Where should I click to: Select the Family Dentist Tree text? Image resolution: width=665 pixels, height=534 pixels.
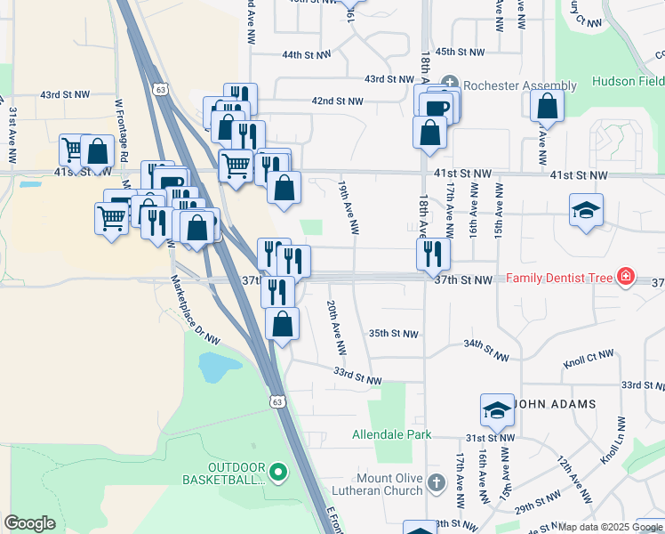(x=560, y=279)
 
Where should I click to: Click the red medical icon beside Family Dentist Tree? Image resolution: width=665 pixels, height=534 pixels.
(x=626, y=278)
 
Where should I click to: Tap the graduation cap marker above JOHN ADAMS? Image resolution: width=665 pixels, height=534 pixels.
(x=497, y=409)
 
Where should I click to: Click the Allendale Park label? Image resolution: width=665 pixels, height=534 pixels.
(x=392, y=434)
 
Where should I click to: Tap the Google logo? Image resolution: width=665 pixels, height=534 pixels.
(x=29, y=523)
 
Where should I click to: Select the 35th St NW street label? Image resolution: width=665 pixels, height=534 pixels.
(x=393, y=334)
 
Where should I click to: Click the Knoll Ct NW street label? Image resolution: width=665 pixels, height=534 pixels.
(x=589, y=359)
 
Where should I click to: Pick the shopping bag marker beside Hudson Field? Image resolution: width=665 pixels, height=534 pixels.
(x=547, y=107)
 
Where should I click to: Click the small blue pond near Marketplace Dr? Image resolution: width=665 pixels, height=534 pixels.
(x=216, y=365)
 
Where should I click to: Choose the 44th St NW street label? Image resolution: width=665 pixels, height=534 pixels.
(x=307, y=55)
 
